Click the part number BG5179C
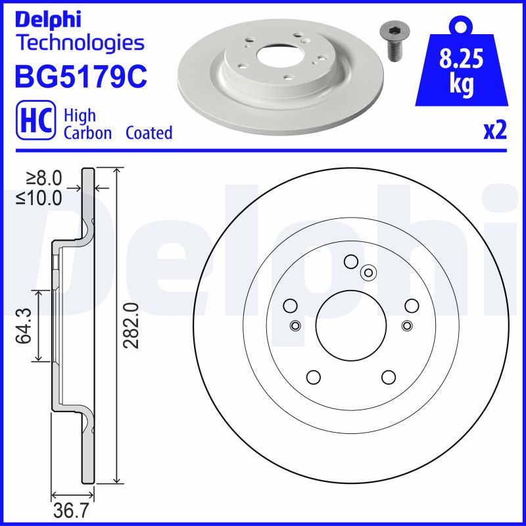[80, 77]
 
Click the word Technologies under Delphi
[80, 43]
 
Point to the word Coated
[149, 133]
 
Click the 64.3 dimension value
[24, 325]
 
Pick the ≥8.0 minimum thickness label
[45, 178]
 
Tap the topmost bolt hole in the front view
[350, 261]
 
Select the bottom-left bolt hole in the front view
[313, 377]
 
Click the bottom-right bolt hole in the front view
[388, 377]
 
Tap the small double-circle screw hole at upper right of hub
[368, 272]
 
